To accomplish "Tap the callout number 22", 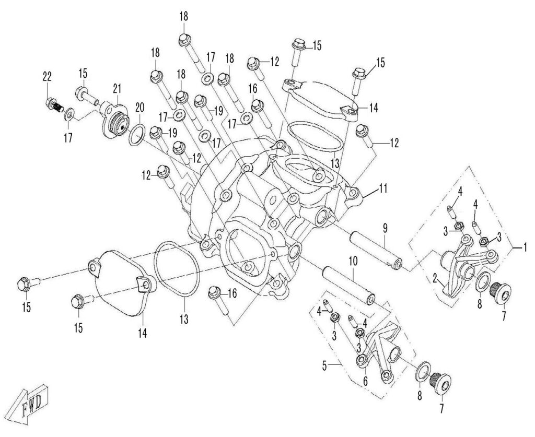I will (48, 76).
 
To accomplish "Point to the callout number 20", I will (138, 107).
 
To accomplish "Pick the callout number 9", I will (384, 228).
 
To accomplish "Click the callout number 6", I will (365, 381).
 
